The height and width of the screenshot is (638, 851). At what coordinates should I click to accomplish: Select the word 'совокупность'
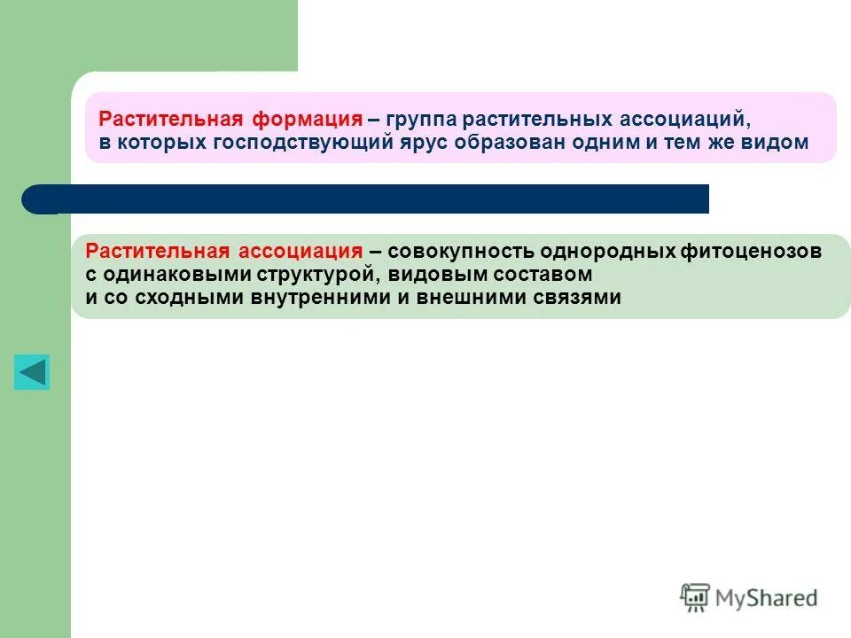(459, 252)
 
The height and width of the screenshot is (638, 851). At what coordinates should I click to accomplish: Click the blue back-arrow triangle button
(32, 372)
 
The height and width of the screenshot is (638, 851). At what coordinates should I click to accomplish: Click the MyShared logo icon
(695, 598)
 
